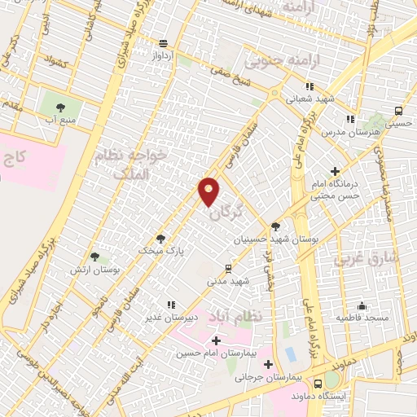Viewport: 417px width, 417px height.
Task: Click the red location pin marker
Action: pos(209,191)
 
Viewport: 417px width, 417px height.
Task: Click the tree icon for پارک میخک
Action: pos(160,239)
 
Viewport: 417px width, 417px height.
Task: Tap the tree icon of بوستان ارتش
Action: pos(95,257)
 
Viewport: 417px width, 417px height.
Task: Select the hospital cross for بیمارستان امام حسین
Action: pos(216,340)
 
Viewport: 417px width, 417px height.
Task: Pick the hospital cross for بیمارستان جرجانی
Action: pos(268,363)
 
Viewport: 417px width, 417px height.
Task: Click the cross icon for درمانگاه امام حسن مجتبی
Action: pos(336,171)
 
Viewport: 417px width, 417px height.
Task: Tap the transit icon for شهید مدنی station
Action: pos(228,268)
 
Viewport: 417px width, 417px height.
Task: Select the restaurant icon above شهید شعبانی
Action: pos(309,86)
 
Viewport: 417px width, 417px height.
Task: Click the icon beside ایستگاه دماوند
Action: pos(332,380)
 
